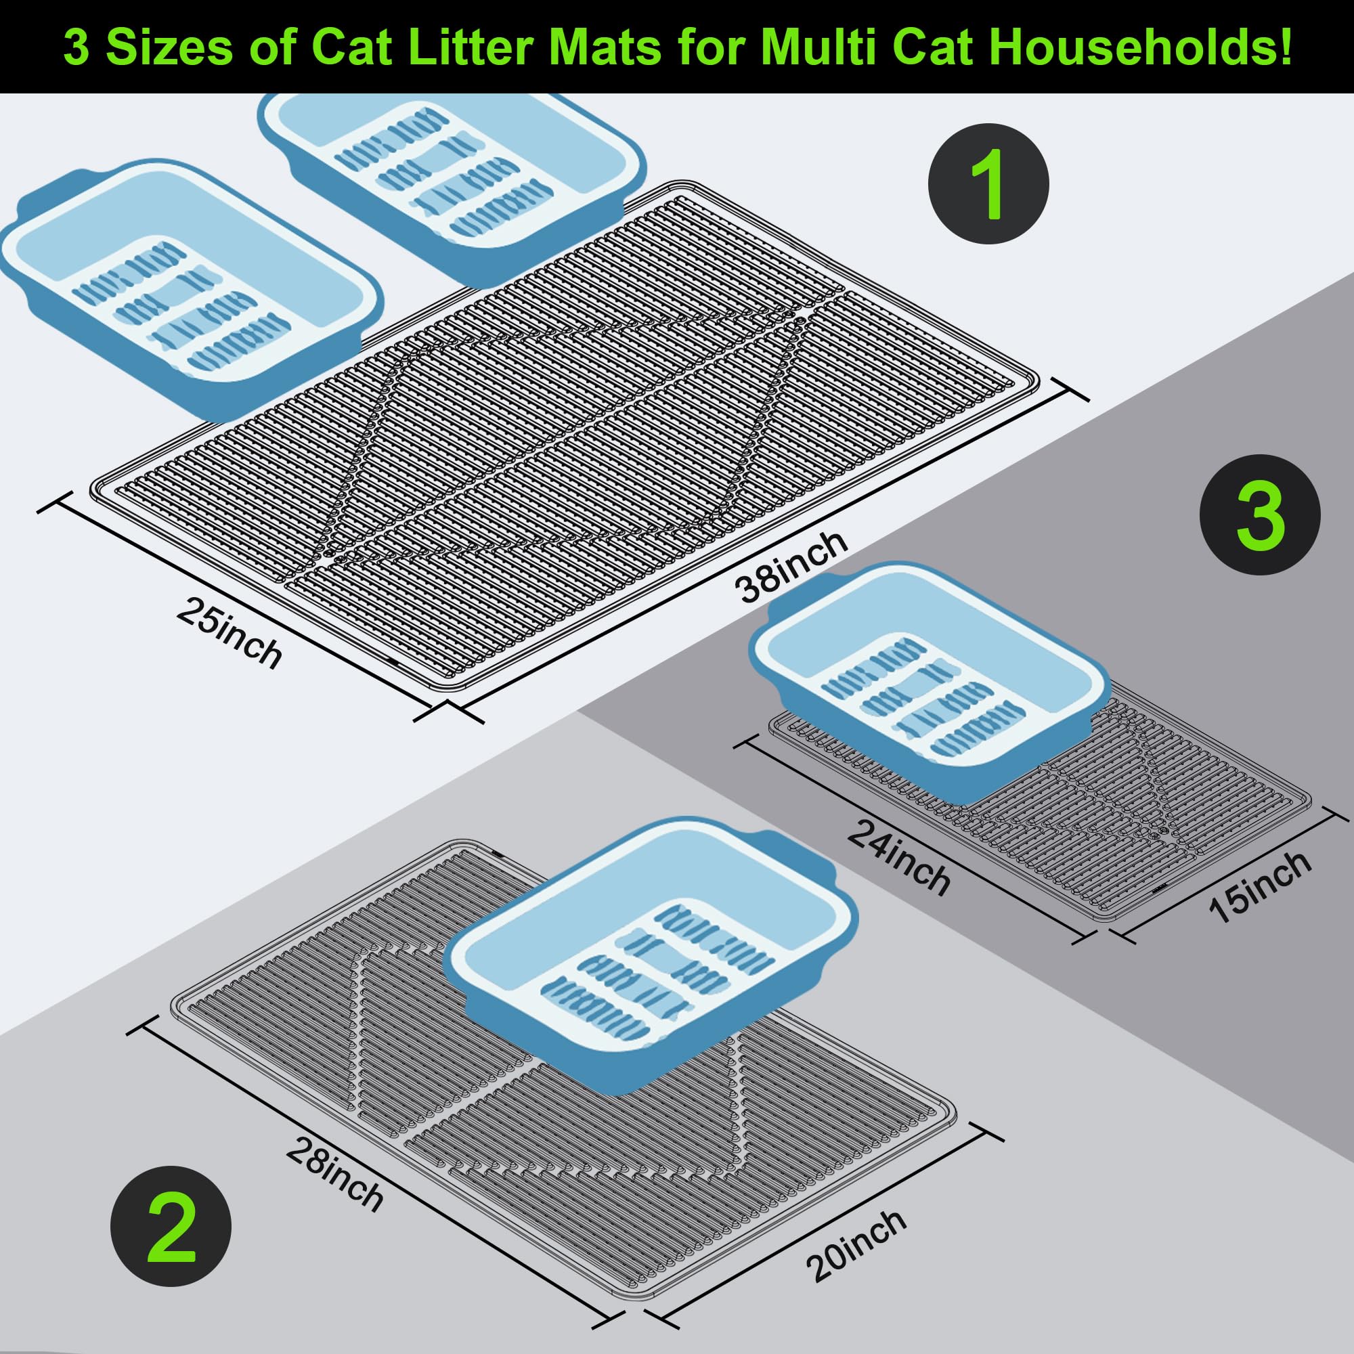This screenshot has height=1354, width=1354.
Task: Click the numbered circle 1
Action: (x=988, y=183)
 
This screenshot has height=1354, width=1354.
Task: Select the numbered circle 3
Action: (x=1260, y=515)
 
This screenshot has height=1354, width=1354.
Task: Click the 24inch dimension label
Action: (x=898, y=857)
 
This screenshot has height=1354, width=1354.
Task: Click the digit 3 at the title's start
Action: (x=76, y=47)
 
